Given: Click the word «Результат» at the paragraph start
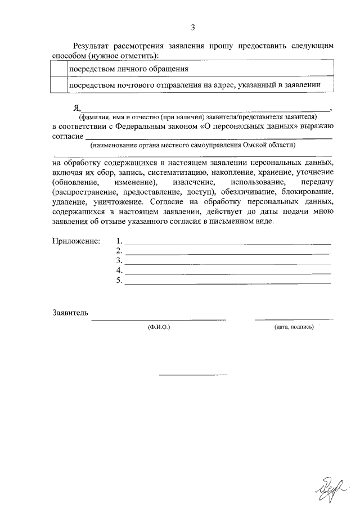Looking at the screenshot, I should [x=92, y=44].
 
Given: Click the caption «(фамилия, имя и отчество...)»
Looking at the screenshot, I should [x=198, y=116].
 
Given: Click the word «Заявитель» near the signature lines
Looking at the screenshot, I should [x=70, y=313].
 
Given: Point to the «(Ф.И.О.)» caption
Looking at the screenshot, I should [x=159, y=326].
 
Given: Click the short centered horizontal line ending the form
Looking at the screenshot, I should [x=192, y=374].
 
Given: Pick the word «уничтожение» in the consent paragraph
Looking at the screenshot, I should [x=111, y=202].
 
